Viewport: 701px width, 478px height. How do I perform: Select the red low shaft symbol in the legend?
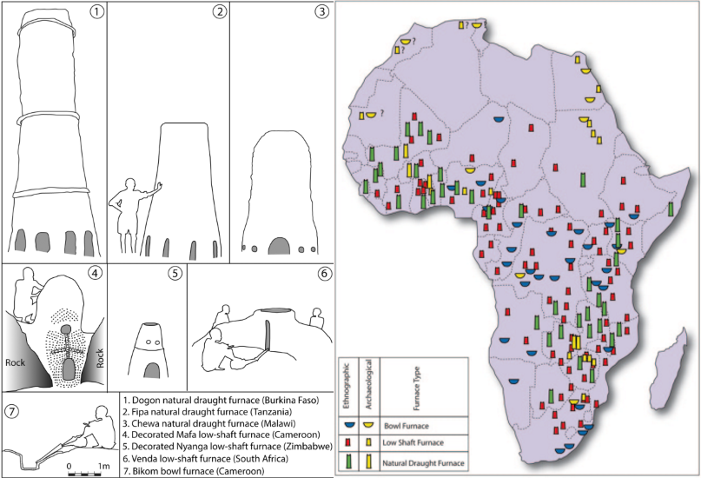click(349, 443)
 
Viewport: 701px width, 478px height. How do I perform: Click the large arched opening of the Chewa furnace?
click(280, 247)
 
